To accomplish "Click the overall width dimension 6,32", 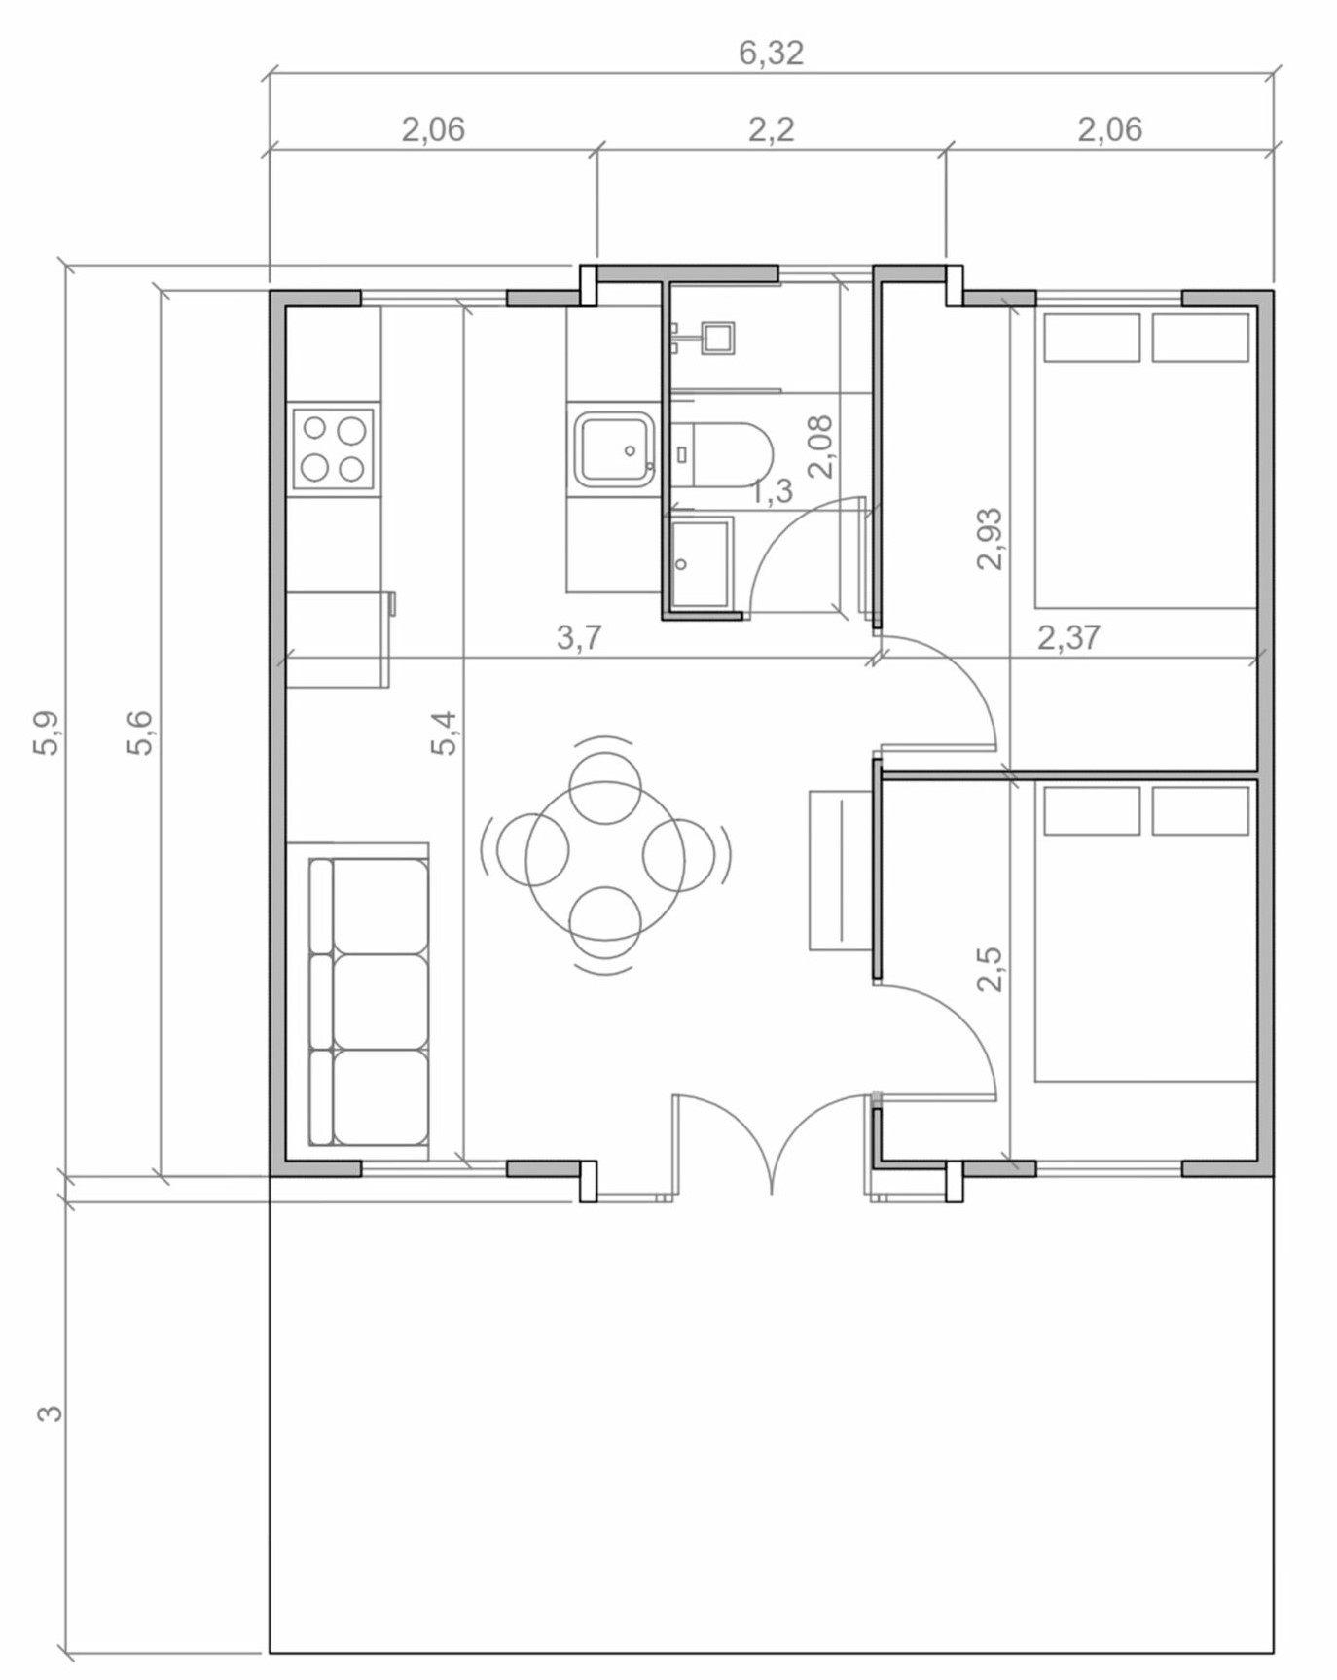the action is pyautogui.click(x=771, y=53).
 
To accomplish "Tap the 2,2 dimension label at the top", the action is pyautogui.click(x=771, y=128).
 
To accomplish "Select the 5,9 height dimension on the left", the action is pyautogui.click(x=49, y=733).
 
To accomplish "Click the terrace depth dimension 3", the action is pyautogui.click(x=50, y=1411).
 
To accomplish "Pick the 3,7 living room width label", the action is pyautogui.click(x=579, y=638).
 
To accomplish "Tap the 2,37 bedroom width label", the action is pyautogui.click(x=1068, y=638).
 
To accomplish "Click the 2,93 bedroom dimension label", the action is pyautogui.click(x=990, y=538).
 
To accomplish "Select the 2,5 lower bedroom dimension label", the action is pyautogui.click(x=990, y=968).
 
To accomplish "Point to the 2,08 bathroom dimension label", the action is pyautogui.click(x=820, y=447).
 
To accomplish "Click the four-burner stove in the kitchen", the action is pyautogui.click(x=333, y=448).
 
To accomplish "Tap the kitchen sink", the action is pyautogui.click(x=615, y=448).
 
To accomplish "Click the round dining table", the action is pyautogui.click(x=605, y=861).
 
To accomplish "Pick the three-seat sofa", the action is pyautogui.click(x=368, y=1002).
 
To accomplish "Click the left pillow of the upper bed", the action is pyautogui.click(x=1092, y=338).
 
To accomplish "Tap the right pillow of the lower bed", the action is pyautogui.click(x=1201, y=810).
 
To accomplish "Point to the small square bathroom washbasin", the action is pyautogui.click(x=719, y=338).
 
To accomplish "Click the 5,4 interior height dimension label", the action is pyautogui.click(x=443, y=733).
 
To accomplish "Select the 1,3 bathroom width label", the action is pyautogui.click(x=772, y=492).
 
